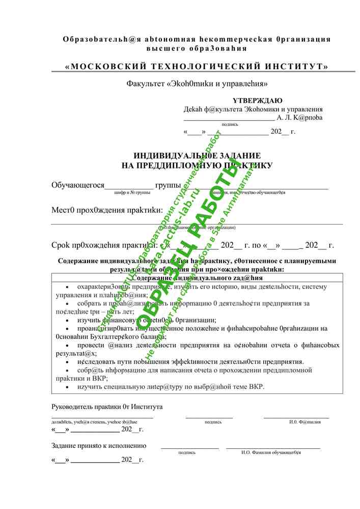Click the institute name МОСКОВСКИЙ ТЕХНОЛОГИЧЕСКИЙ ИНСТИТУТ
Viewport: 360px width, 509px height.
197,67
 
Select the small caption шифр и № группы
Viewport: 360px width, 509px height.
132,193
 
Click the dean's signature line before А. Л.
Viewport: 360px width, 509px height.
229,117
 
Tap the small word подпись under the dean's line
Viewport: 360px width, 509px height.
230,124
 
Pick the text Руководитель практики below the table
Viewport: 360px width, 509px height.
86,407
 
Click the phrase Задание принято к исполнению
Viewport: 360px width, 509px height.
99,445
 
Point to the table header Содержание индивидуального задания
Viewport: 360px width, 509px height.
197,278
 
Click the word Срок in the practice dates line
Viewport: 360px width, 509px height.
63,245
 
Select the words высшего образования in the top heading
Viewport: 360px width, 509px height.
197,48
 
